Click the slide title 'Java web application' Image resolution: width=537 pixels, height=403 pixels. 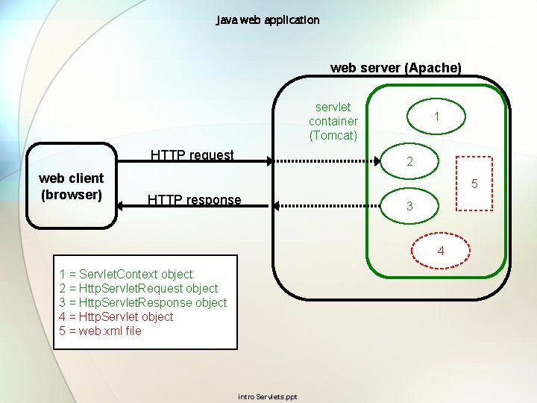click(x=268, y=20)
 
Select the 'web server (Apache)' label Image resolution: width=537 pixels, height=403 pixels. click(x=395, y=68)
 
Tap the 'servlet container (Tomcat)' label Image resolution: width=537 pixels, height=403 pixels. click(x=333, y=121)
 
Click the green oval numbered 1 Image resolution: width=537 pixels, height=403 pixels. click(x=436, y=116)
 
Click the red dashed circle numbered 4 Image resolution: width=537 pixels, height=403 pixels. click(x=440, y=251)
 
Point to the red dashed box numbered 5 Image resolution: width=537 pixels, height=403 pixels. click(x=473, y=184)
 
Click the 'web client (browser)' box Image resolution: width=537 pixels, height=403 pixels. click(x=71, y=187)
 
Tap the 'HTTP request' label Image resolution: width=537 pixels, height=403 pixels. click(x=192, y=155)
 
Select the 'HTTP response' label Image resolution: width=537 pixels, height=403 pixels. click(x=194, y=200)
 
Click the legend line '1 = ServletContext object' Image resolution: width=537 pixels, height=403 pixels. click(x=125, y=274)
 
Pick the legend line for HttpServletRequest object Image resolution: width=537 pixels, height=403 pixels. click(x=138, y=288)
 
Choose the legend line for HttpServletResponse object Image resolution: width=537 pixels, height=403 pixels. click(x=142, y=302)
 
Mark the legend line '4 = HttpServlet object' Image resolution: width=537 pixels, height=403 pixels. click(x=116, y=316)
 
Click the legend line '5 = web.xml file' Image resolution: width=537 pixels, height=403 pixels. click(x=100, y=331)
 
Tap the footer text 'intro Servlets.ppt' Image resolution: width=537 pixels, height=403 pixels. click(x=267, y=396)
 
